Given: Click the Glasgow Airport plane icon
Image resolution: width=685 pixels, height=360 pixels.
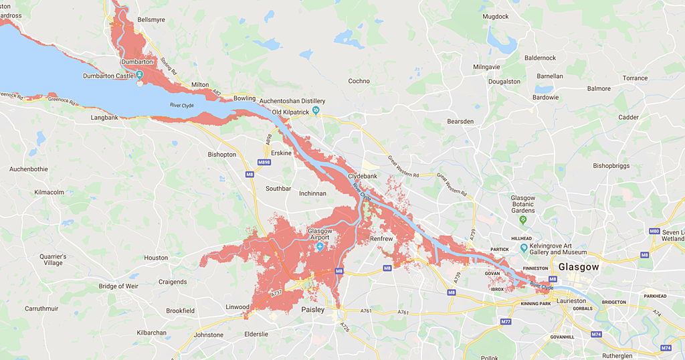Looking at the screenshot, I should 320,247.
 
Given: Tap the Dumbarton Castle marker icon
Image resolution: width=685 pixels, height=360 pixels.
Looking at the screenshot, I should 139,75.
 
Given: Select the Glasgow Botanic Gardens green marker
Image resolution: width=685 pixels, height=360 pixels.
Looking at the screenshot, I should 523,219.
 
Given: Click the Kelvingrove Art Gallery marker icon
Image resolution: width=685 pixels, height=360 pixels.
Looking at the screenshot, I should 523,248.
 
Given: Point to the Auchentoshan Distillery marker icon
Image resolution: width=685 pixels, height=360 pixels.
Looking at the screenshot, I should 316,110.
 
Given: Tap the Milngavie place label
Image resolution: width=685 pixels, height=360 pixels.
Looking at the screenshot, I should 486,68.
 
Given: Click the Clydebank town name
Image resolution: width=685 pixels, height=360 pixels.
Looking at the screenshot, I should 363,176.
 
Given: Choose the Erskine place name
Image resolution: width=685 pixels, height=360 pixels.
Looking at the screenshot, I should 281,153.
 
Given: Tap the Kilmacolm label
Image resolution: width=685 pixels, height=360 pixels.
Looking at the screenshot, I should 50,192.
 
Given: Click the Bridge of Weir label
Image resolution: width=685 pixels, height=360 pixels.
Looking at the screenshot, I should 118,286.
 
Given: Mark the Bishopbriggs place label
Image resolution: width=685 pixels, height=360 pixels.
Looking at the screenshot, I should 611,165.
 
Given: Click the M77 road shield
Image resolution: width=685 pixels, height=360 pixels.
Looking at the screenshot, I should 506,322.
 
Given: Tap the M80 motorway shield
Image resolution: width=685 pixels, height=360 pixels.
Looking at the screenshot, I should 654,231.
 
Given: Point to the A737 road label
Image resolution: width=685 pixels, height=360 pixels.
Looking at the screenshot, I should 276,293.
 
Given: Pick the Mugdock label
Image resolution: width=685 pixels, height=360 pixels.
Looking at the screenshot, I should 495,15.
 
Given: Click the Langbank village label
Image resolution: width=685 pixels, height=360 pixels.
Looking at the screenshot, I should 104,118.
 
